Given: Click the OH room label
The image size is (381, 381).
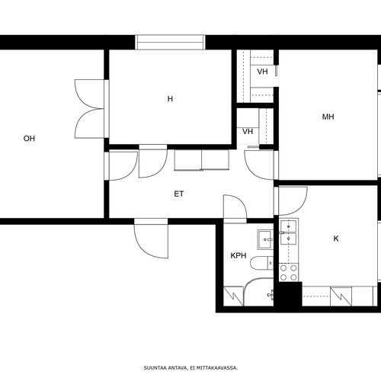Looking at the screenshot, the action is click(29, 139).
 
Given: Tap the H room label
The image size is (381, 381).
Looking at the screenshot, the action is click(170, 98).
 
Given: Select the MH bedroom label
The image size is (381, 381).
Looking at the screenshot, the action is click(328, 117).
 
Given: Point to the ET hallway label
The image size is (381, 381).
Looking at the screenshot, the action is click(179, 194).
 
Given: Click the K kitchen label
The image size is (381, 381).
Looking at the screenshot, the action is click(336, 239).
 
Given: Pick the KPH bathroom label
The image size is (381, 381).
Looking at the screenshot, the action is click(239, 255).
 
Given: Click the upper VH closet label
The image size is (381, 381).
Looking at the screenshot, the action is click(262, 72).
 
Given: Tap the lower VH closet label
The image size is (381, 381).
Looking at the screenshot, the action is click(248, 132).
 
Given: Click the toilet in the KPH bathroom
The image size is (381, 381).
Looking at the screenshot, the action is click(261, 263).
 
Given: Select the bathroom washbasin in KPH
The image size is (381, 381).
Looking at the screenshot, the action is click(265, 239).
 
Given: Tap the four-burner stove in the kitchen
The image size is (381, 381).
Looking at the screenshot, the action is click(289, 273).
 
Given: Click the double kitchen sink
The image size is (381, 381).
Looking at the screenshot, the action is click(288, 232).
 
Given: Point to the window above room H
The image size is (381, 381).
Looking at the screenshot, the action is click(170, 42).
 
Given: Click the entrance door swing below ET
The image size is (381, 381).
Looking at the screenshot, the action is click(152, 239).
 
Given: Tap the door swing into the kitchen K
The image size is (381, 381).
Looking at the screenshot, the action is click(293, 201).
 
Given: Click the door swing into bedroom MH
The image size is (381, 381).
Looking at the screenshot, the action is click(259, 165).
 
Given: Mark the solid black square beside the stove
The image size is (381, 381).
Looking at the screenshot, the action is click(288, 294).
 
